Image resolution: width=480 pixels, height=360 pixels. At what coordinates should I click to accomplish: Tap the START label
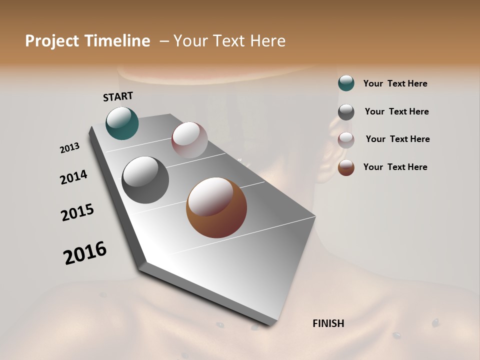pos(118,96)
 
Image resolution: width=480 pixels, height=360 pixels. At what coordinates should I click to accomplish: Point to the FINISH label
pos(328,323)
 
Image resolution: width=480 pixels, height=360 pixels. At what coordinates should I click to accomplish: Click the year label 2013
pos(70,148)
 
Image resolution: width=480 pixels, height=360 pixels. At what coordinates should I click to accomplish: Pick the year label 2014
pos(73,177)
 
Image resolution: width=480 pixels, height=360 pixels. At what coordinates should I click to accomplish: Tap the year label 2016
pos(85,252)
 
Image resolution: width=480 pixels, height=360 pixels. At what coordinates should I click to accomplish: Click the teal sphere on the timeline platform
pos(122,123)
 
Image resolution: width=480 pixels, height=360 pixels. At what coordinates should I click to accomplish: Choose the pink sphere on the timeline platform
pos(189,140)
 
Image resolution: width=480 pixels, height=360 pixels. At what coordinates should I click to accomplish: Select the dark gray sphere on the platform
pos(145,180)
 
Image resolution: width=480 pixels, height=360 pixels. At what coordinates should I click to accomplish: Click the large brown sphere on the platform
pos(216,207)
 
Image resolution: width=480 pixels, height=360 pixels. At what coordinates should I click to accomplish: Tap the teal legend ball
pos(346,83)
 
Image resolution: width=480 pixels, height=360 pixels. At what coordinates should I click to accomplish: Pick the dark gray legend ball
pos(346,112)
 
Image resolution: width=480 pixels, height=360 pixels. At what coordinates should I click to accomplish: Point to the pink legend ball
pos(346,139)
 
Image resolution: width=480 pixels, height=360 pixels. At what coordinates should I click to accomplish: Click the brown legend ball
pos(346,167)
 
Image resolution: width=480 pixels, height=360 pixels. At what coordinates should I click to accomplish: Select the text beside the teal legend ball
pos(395,83)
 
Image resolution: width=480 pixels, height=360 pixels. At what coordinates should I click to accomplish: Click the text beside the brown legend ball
pos(395,167)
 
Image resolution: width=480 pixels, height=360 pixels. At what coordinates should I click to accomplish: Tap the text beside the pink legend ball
pos(397,139)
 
